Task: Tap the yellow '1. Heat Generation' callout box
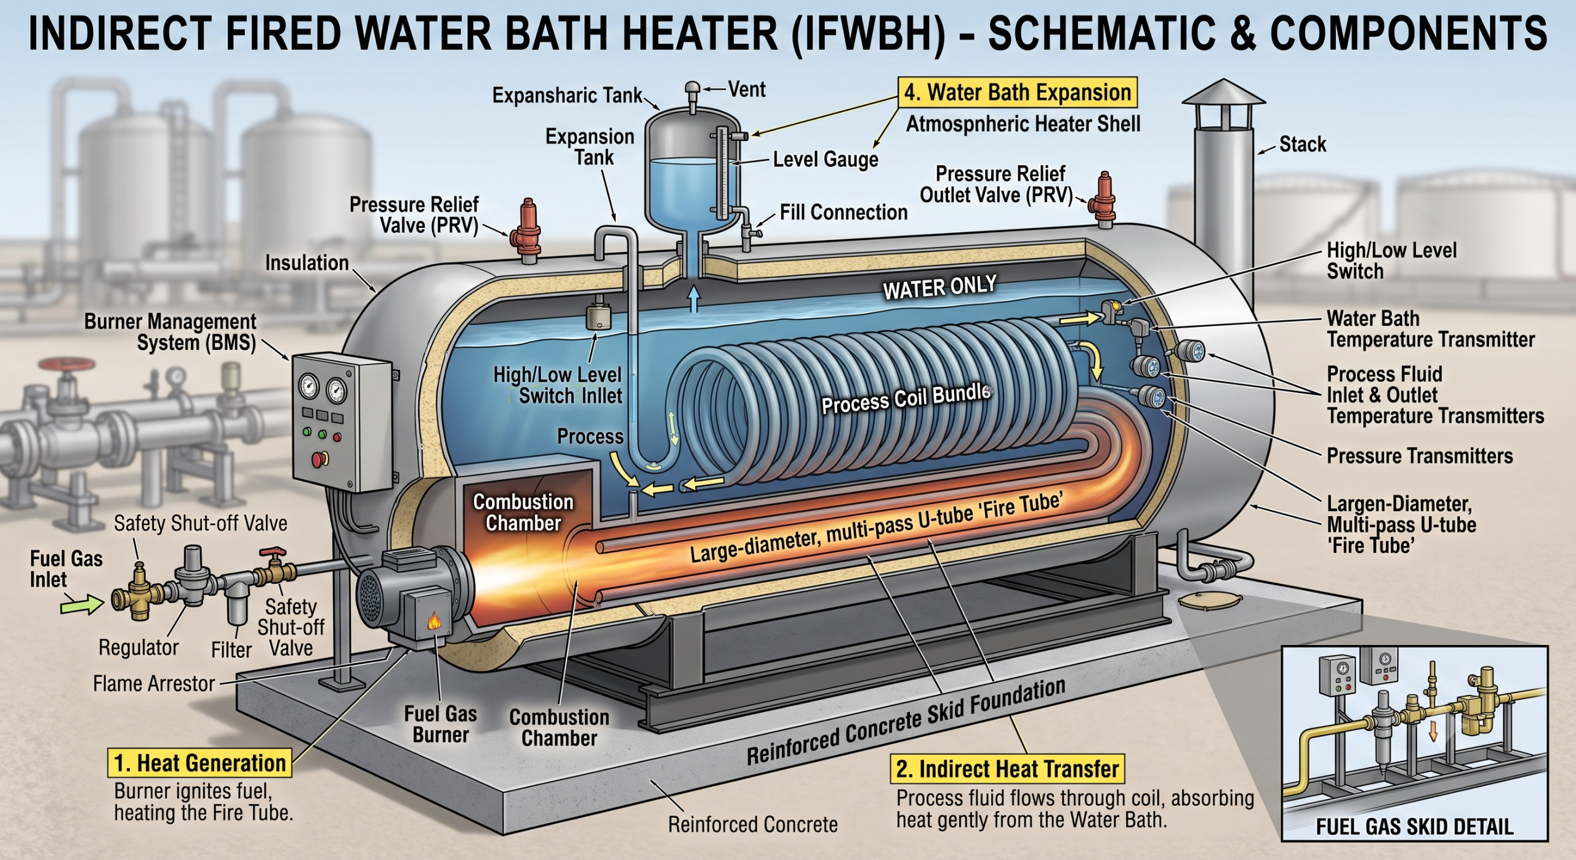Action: (x=200, y=763)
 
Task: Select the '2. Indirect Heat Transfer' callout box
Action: (x=1007, y=769)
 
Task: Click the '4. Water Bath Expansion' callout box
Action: (x=1017, y=92)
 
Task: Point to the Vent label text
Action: (x=747, y=89)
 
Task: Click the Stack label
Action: (x=1303, y=144)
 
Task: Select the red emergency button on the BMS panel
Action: (x=320, y=459)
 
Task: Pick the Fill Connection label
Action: (x=843, y=213)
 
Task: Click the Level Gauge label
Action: (x=826, y=160)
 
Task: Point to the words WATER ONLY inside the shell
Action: (x=939, y=287)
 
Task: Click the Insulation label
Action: (x=307, y=263)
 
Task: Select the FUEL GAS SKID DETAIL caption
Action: (x=1415, y=826)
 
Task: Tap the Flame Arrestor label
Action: (x=154, y=683)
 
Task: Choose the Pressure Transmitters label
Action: (x=1420, y=456)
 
